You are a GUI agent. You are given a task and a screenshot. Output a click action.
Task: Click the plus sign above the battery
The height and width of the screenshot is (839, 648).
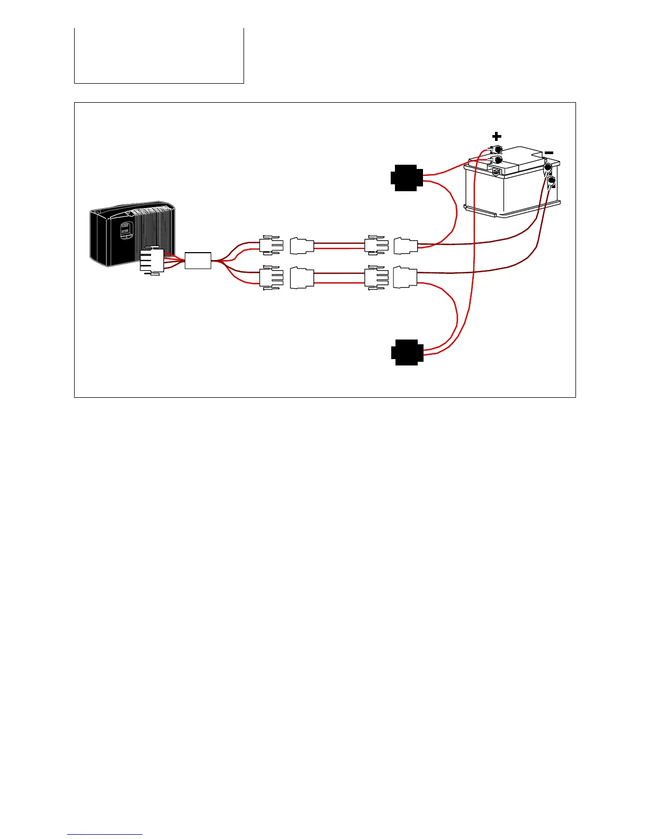(x=497, y=137)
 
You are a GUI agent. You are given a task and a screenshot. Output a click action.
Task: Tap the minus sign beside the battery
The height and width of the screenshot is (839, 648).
(x=549, y=153)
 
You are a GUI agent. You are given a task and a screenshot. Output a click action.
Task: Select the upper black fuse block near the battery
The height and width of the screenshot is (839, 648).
(x=407, y=178)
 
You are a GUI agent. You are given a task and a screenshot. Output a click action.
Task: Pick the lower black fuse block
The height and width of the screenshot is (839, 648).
(x=407, y=352)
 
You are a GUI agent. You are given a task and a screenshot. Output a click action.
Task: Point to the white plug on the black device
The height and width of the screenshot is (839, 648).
(x=152, y=260)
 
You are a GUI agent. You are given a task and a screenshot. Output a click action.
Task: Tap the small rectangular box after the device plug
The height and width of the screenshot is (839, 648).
(x=198, y=261)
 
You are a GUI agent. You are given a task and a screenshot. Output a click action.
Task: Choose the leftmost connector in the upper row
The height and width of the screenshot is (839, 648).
(x=271, y=245)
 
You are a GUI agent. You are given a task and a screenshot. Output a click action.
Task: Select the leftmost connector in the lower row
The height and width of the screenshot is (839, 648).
(x=271, y=278)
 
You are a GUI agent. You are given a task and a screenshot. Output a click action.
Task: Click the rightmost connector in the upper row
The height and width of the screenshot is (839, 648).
(x=406, y=246)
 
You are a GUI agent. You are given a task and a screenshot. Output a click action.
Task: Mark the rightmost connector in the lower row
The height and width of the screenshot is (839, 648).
(x=406, y=278)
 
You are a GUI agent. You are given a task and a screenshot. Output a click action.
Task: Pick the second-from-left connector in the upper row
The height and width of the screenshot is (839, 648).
(x=302, y=246)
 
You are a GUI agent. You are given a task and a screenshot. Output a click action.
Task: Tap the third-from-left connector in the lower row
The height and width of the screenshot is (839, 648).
(x=376, y=278)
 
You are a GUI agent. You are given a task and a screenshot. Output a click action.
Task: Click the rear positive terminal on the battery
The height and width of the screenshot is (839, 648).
(x=497, y=150)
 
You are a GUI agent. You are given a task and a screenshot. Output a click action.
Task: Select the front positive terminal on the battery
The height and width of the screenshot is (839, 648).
(x=498, y=159)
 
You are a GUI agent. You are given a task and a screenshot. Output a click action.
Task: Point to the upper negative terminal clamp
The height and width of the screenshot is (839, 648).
(x=548, y=168)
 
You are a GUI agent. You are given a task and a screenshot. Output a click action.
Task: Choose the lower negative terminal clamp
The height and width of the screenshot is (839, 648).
(x=552, y=181)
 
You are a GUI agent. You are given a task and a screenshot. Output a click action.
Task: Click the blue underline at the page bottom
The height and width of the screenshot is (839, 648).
(x=105, y=835)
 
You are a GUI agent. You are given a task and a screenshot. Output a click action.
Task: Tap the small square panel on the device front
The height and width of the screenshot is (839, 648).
(x=125, y=231)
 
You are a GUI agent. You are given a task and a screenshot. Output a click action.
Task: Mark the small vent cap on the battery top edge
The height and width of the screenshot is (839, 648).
(x=496, y=171)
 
